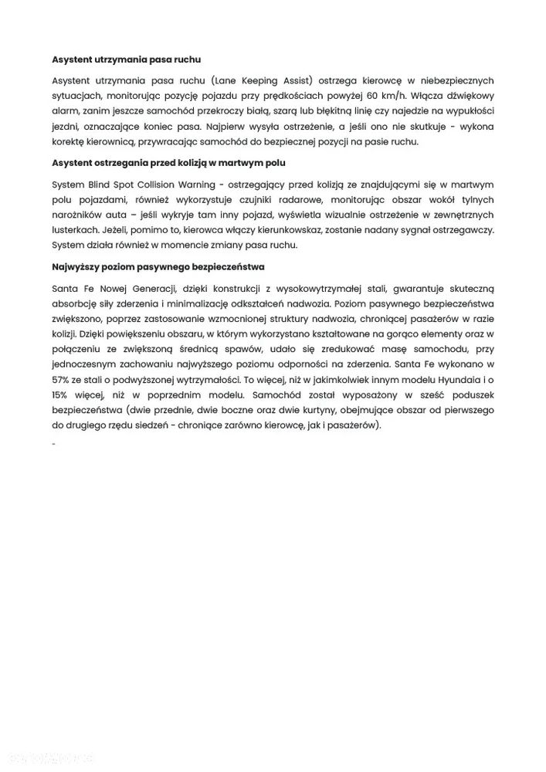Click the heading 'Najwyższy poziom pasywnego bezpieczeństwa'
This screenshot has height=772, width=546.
click(158, 266)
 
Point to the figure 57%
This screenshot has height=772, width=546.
click(62, 379)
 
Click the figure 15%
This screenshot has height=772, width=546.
click(62, 394)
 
